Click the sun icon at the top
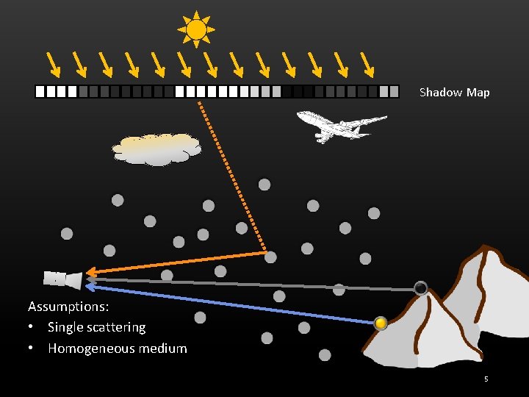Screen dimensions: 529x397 click(x=196, y=29)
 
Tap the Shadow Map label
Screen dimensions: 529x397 click(x=454, y=93)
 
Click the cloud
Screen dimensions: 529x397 click(x=156, y=149)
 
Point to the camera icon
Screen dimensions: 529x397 click(x=62, y=279)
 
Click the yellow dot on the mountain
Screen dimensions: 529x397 click(x=381, y=323)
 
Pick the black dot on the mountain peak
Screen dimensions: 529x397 click(x=420, y=288)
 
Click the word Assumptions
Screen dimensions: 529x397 click(x=68, y=306)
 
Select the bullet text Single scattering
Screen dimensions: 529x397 click(x=96, y=327)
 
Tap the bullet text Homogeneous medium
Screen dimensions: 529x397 click(x=117, y=348)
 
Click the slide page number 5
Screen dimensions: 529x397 click(x=486, y=379)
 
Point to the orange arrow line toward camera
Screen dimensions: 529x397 click(x=176, y=262)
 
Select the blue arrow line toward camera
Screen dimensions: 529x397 click(x=228, y=304)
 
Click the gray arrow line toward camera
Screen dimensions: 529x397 click(x=250, y=285)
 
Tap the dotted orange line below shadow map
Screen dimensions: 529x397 click(x=231, y=176)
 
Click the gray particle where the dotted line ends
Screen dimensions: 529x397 click(x=270, y=257)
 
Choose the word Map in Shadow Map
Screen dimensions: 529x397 click(x=478, y=93)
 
